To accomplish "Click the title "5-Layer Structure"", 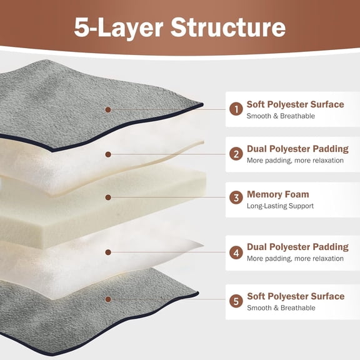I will tap(180, 27).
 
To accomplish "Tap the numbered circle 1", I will tap(236, 109).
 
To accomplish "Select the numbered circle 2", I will tap(236, 154).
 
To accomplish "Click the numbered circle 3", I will tap(236, 198).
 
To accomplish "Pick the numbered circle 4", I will tap(236, 252).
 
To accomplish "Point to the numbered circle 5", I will tap(236, 301).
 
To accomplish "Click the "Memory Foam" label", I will tap(277, 194).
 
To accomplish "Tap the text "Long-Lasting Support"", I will tap(280, 206).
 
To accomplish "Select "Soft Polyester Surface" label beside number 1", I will tap(295, 104).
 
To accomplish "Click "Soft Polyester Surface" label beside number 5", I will tap(295, 296).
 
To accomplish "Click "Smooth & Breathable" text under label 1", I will tap(281, 116).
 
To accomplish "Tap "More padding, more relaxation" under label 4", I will tap(295, 259).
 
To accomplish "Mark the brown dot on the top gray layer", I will tap(108, 109).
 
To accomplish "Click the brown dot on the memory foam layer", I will tap(108, 197).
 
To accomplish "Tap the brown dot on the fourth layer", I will tap(108, 252).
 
